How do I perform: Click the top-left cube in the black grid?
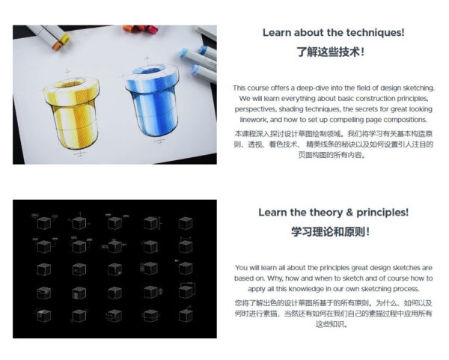[x=43, y=223]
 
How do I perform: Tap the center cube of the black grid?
[x=114, y=269]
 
